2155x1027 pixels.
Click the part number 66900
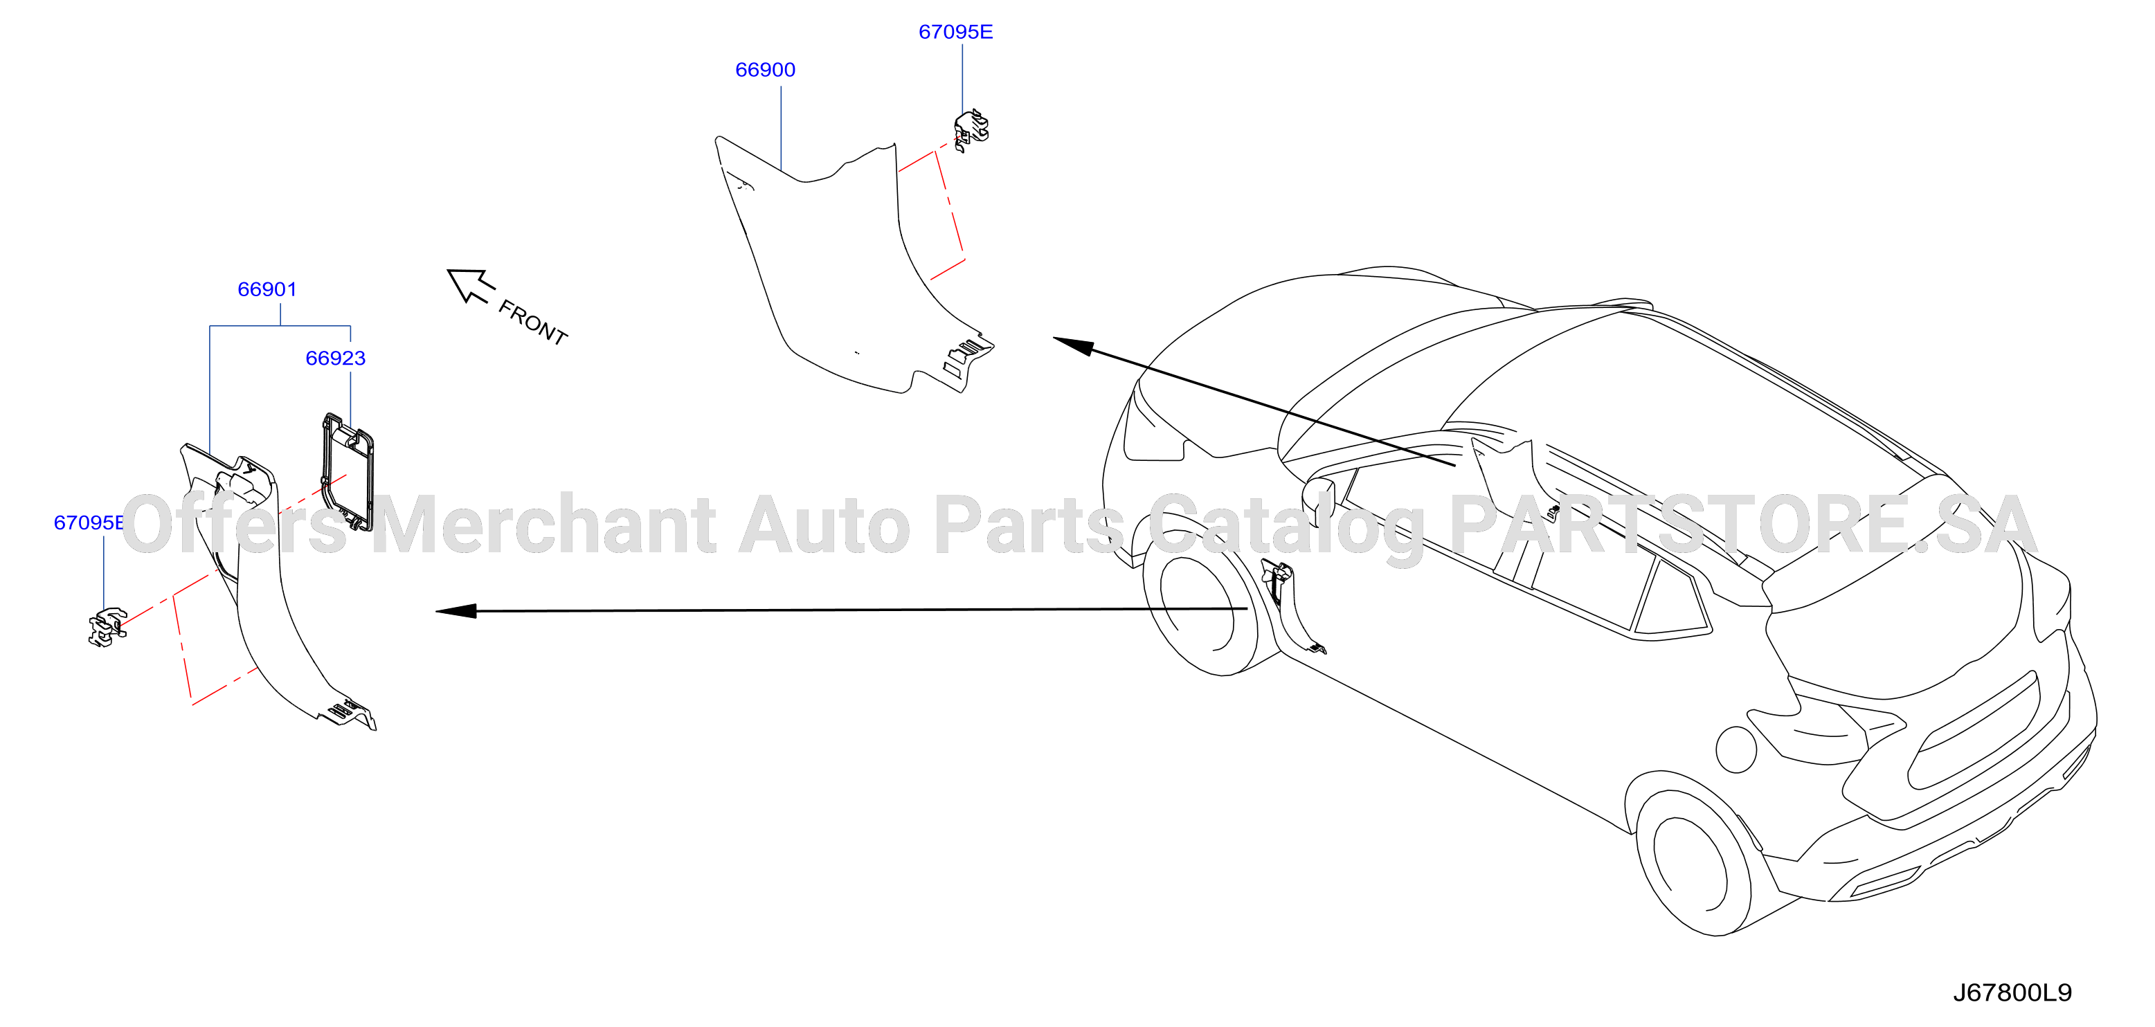click(x=765, y=69)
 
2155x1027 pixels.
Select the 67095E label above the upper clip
click(x=955, y=32)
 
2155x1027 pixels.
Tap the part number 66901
click(x=267, y=289)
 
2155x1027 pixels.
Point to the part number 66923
click(x=336, y=358)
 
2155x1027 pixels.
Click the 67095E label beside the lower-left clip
click(x=89, y=522)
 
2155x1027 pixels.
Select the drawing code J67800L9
click(x=2012, y=992)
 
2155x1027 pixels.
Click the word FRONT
click(x=533, y=322)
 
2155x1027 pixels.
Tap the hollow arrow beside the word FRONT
click(x=470, y=285)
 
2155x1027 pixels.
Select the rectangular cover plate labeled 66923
click(x=348, y=472)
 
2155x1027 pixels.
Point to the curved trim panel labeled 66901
click(x=268, y=585)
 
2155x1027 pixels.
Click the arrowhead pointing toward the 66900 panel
click(x=1073, y=345)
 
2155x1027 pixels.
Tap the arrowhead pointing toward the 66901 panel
click(x=456, y=611)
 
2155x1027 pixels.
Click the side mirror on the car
click(x=1319, y=500)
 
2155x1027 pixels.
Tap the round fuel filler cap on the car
click(x=1736, y=749)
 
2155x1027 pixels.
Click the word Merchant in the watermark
click(x=544, y=525)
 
